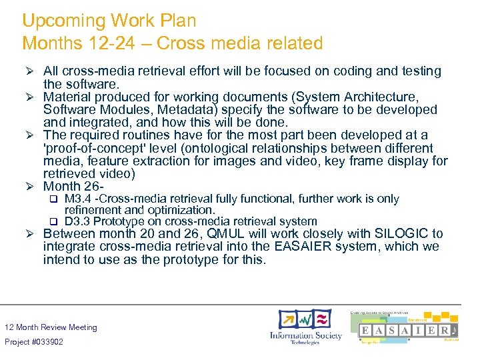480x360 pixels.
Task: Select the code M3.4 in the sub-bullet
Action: (x=77, y=199)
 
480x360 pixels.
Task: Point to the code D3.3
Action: (x=77, y=221)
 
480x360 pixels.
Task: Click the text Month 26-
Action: (x=71, y=187)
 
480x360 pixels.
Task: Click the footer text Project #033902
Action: (x=34, y=342)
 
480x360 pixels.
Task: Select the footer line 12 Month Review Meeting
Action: (x=51, y=327)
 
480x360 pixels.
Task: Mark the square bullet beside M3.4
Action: (x=55, y=199)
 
